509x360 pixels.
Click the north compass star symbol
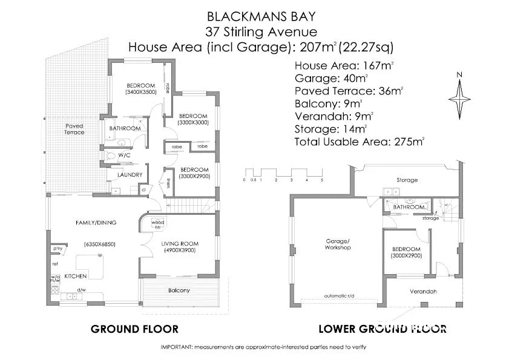click(459, 99)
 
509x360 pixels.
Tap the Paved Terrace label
click(74, 129)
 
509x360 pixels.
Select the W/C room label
click(124, 155)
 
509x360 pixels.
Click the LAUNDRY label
click(130, 175)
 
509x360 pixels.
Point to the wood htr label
click(158, 224)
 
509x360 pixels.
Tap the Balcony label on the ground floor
click(179, 290)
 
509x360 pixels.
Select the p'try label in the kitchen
click(57, 249)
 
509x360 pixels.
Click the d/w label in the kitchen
click(82, 290)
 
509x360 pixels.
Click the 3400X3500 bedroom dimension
click(141, 92)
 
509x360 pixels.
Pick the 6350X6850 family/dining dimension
click(100, 244)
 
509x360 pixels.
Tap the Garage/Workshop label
click(338, 244)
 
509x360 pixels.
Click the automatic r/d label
click(339, 296)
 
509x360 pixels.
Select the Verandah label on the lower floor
click(423, 292)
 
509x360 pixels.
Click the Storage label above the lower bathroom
click(407, 180)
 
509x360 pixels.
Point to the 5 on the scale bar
click(322, 180)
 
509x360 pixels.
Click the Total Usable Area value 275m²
click(409, 142)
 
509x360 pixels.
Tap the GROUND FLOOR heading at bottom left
click(134, 329)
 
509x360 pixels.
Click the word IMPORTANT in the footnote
click(177, 347)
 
